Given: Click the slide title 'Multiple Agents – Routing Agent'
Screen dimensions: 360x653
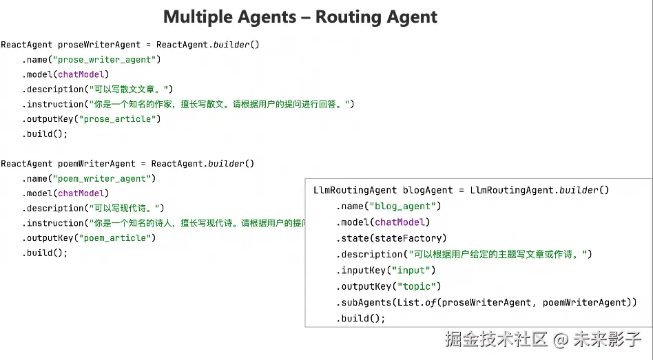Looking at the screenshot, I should pyautogui.click(x=300, y=17).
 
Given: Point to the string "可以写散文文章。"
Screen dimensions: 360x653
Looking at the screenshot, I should pyautogui.click(x=129, y=89).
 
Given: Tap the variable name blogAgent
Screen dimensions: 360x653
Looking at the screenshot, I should pyautogui.click(x=428, y=191).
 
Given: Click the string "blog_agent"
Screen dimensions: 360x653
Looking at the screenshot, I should pyautogui.click(x=404, y=207).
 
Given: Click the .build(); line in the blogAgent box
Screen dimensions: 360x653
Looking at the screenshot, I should pyautogui.click(x=361, y=319).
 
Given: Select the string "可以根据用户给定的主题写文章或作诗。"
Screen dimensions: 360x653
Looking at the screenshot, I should pyautogui.click(x=499, y=255).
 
